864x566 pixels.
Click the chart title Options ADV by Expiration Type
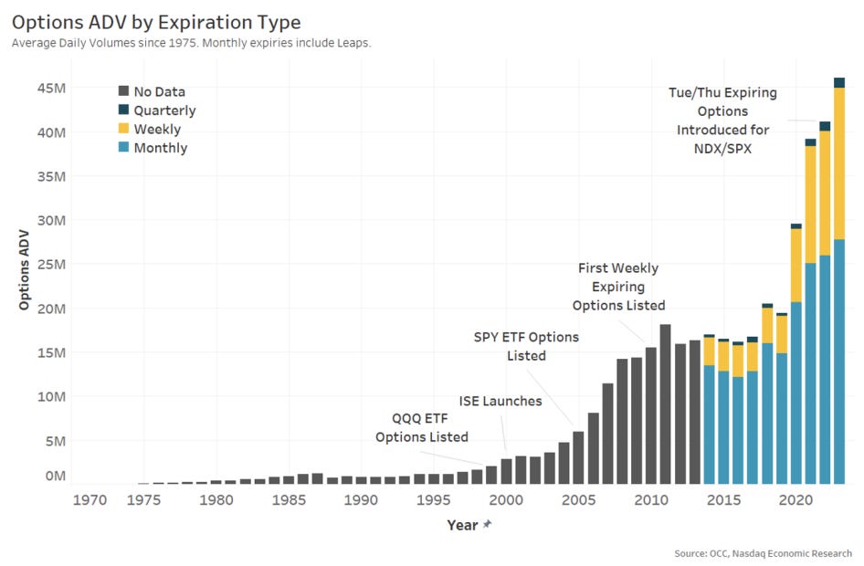click(156, 22)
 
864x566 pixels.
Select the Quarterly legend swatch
click(123, 110)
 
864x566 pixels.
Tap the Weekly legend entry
click(150, 129)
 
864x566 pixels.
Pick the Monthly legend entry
click(153, 148)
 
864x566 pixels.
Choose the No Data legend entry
click(153, 91)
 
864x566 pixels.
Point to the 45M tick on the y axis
click(52, 88)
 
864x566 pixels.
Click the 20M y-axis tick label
click(52, 309)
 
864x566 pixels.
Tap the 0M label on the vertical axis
click(56, 475)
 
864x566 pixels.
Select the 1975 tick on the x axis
click(143, 500)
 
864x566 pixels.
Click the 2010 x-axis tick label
click(651, 500)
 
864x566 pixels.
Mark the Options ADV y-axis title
click(24, 270)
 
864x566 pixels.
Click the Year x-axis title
click(462, 525)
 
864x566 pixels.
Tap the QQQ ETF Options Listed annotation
click(422, 428)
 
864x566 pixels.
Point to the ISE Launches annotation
click(500, 401)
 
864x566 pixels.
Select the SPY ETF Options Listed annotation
click(526, 346)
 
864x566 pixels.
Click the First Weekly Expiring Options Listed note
click(618, 287)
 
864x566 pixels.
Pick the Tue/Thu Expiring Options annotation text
click(723, 120)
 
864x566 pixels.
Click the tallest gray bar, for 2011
click(665, 404)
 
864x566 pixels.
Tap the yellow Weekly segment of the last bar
click(839, 163)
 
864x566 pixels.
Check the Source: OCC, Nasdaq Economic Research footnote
click(764, 553)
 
